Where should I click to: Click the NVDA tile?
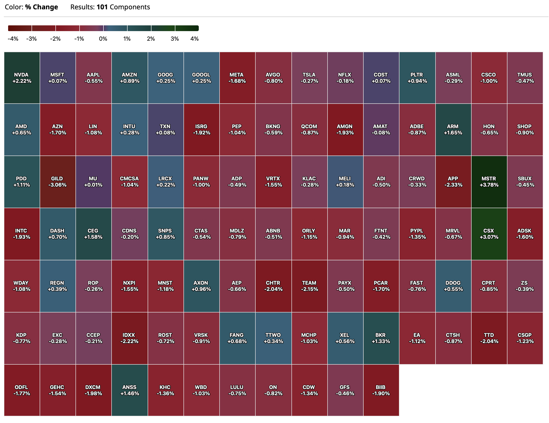click(22, 78)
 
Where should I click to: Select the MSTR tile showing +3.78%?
click(489, 182)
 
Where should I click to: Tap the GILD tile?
click(58, 182)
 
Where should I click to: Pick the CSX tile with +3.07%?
click(489, 234)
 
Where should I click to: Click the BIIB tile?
click(381, 390)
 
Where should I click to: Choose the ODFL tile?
click(22, 390)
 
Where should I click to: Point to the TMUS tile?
click(525, 78)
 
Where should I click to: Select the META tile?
click(237, 78)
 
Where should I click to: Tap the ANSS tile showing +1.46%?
click(129, 390)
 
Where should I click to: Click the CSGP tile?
click(525, 338)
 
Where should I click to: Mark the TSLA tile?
click(309, 78)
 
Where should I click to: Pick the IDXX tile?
click(129, 338)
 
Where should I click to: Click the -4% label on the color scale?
click(13, 39)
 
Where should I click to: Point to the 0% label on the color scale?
click(103, 39)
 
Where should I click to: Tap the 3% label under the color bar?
click(175, 39)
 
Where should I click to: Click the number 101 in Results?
click(102, 7)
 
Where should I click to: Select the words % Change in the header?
click(42, 7)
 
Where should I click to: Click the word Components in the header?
click(130, 7)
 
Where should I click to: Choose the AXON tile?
click(201, 286)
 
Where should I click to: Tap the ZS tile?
click(525, 286)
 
